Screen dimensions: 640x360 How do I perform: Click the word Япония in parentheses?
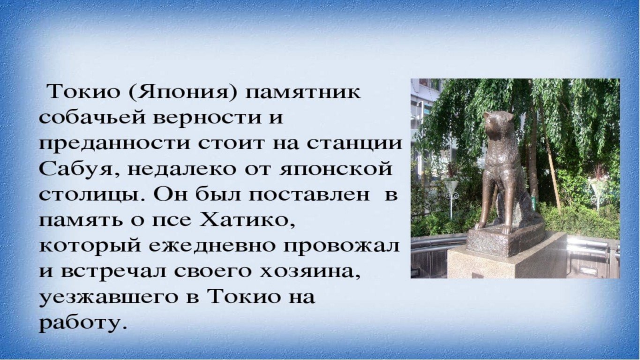point(183,92)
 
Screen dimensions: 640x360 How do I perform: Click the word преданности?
point(114,144)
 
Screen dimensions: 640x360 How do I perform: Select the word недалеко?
point(182,169)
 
